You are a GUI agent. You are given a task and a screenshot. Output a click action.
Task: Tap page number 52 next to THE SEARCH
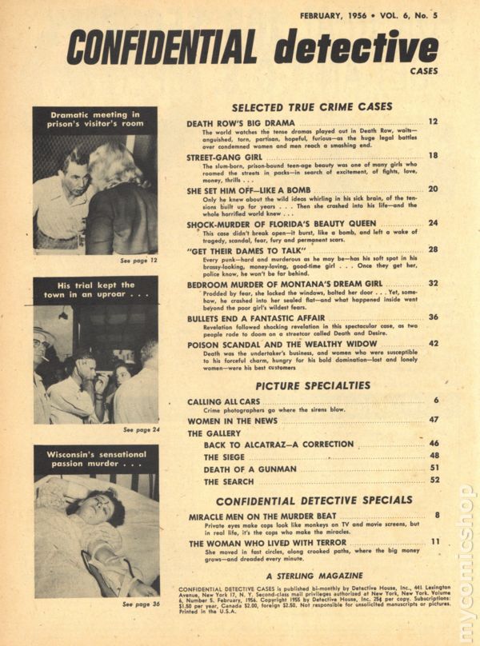[433, 481]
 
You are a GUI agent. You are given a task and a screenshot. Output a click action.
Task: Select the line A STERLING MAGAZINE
[314, 575]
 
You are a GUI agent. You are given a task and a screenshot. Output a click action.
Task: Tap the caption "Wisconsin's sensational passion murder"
[96, 457]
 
